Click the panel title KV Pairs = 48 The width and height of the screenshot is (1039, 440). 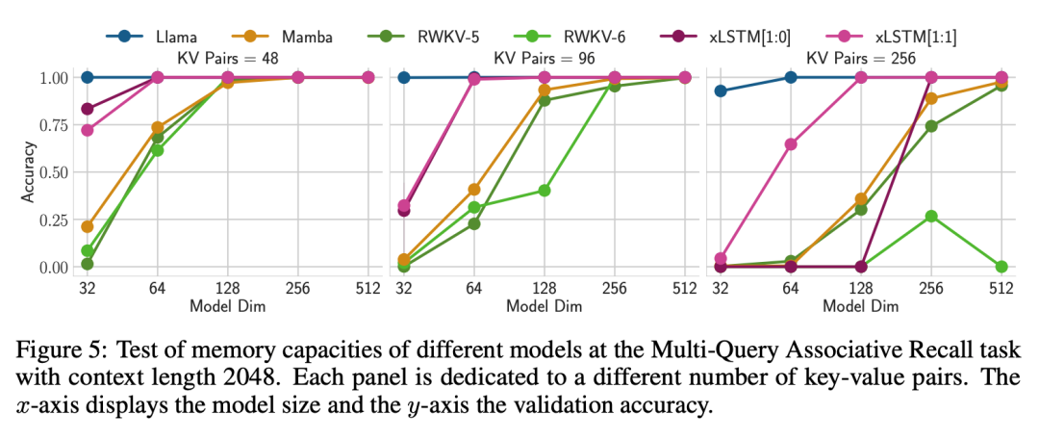coord(227,58)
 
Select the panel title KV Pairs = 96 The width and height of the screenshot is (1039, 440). coord(544,58)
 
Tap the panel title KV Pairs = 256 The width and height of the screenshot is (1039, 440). coord(860,58)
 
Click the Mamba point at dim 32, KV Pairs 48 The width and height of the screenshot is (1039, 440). coord(88,226)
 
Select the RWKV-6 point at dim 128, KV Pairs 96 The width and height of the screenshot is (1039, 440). coord(544,191)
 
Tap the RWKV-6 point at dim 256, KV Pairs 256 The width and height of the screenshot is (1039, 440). coord(931,216)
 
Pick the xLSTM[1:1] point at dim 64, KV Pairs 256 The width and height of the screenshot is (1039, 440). coord(791,144)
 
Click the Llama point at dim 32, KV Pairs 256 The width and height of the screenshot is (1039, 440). coord(721,91)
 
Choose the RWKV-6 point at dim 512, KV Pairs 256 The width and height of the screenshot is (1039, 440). coord(1001,267)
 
